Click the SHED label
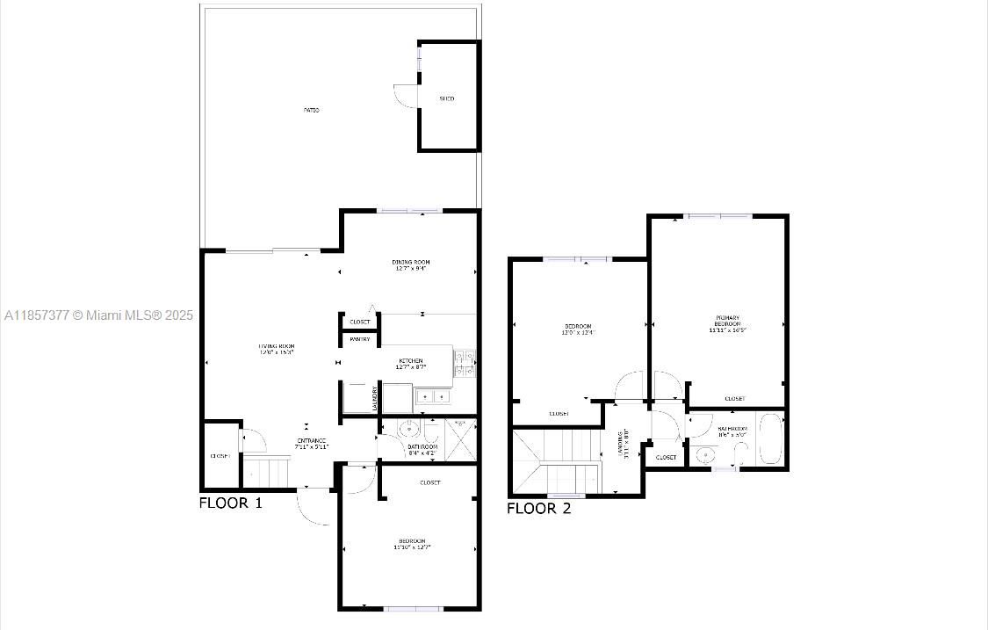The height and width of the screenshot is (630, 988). click(x=447, y=98)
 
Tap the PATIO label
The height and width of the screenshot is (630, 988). click(x=312, y=110)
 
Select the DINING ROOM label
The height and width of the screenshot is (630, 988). click(x=411, y=265)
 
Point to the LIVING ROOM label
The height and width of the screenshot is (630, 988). click(x=276, y=350)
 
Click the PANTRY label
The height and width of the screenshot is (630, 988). click(x=360, y=339)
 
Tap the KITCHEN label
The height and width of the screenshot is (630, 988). click(x=411, y=364)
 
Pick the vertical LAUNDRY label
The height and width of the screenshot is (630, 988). click(x=376, y=399)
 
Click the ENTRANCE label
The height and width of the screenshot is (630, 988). click(x=311, y=443)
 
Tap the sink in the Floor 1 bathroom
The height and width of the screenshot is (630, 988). click(x=408, y=430)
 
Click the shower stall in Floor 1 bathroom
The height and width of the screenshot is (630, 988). click(x=462, y=435)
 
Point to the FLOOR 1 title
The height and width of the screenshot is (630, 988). click(x=230, y=503)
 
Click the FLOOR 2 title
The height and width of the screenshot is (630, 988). click(x=538, y=508)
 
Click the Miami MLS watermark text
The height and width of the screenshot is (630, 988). click(x=98, y=315)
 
